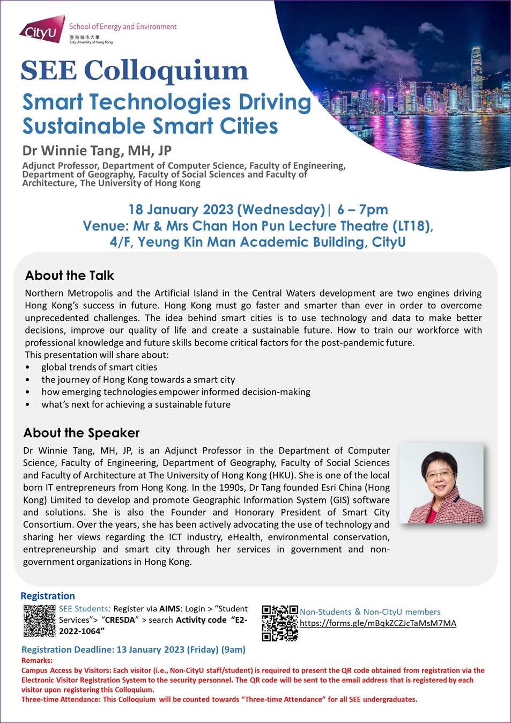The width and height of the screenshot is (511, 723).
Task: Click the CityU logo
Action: tap(39, 31)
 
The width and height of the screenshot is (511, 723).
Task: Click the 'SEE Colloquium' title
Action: tap(134, 70)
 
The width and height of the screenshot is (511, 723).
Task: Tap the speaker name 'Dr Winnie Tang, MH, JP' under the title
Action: tap(97, 151)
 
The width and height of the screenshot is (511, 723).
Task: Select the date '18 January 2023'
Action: tap(181, 209)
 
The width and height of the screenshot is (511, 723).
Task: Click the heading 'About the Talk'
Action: tap(69, 276)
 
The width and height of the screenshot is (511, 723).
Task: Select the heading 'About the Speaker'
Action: tap(81, 433)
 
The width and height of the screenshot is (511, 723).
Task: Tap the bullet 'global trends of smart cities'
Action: tap(99, 367)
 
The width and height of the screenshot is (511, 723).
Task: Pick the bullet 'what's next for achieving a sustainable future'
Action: tap(136, 404)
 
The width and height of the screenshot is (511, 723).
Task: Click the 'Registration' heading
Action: tap(47, 596)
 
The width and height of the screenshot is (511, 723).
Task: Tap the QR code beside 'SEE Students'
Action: tap(39, 621)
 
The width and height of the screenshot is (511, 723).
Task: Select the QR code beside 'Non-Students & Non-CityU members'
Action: tap(280, 623)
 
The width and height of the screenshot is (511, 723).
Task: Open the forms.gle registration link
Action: tap(377, 623)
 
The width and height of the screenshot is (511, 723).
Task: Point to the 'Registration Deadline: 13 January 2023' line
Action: tap(133, 650)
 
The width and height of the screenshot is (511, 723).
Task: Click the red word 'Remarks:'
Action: tap(37, 661)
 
